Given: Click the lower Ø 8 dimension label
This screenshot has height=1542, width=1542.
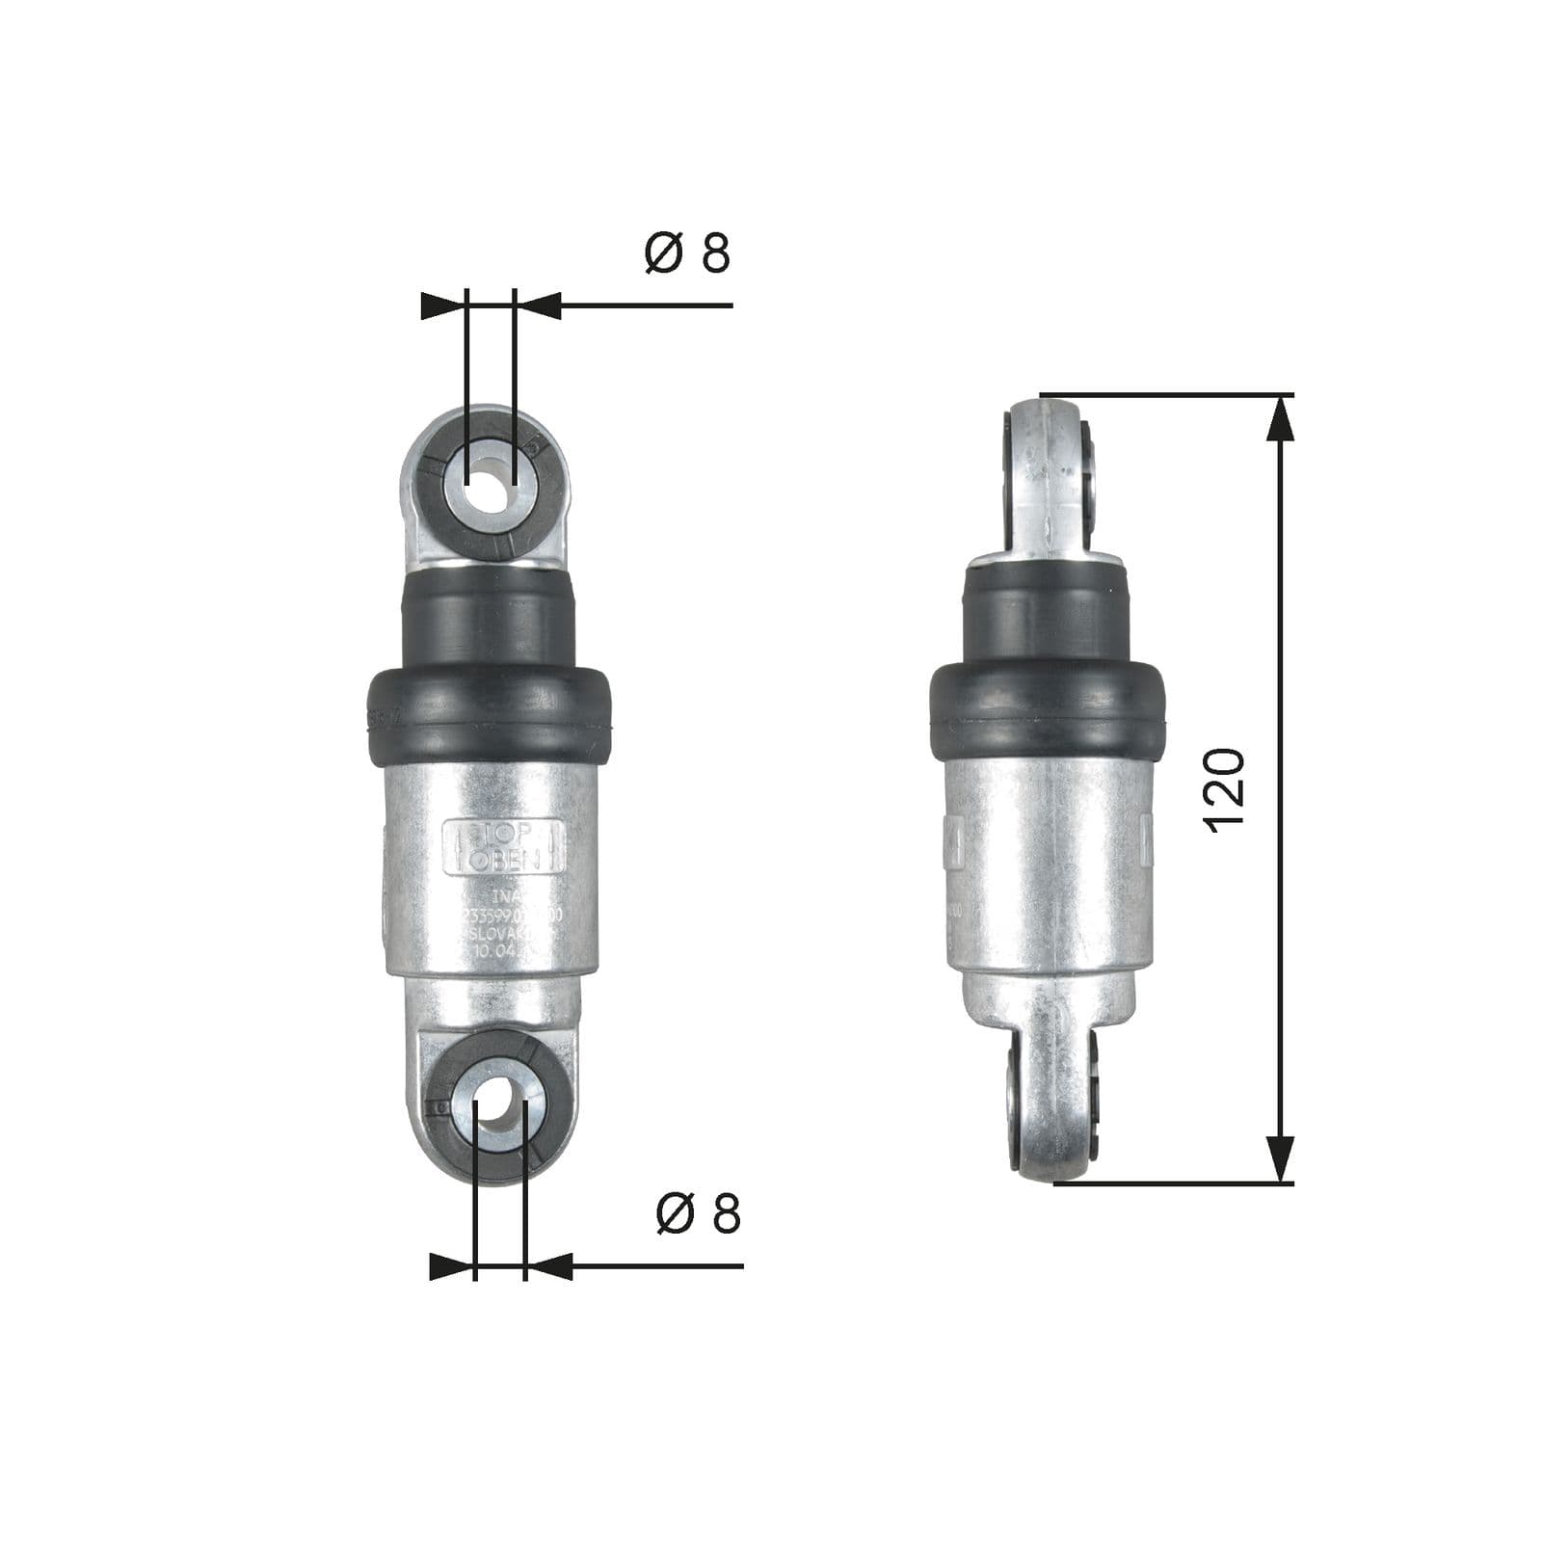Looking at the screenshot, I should [x=698, y=1213].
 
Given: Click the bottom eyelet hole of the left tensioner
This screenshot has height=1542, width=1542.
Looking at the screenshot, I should [x=499, y=1104].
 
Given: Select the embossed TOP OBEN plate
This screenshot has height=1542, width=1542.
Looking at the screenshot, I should [x=502, y=847].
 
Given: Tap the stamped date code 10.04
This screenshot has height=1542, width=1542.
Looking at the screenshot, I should [x=496, y=950].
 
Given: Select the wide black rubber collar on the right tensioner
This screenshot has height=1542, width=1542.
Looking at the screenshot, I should [x=1047, y=709].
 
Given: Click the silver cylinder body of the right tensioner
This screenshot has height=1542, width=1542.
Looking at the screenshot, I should [x=1048, y=867].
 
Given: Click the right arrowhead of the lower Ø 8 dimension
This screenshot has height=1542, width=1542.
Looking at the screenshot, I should [x=548, y=1266].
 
